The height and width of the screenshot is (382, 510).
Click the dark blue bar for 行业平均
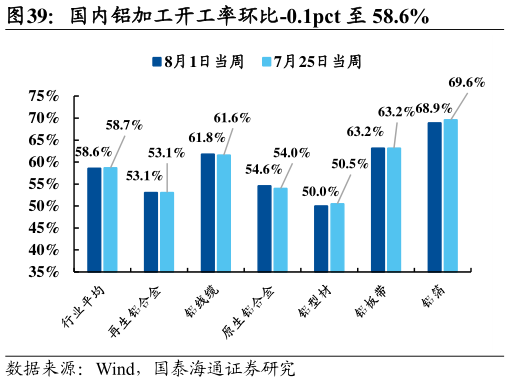click(94, 219)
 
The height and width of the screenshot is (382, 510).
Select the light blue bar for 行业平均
click(110, 219)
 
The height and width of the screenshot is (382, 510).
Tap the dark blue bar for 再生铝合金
click(151, 231)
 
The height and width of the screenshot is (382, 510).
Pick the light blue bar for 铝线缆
click(223, 212)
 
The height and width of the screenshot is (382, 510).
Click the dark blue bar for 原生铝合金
click(264, 228)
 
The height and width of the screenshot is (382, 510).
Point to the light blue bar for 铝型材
click(337, 237)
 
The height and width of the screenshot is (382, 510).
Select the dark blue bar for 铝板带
click(377, 209)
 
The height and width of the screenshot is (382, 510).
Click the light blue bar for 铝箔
click(450, 195)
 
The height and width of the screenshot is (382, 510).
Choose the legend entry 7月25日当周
click(310, 61)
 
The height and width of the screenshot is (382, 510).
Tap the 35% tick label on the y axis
click(43, 271)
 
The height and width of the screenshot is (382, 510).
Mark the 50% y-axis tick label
click(43, 206)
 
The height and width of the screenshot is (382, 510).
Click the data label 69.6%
click(467, 82)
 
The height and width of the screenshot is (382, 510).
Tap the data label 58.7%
click(123, 126)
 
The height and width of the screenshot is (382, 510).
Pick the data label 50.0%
click(319, 191)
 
